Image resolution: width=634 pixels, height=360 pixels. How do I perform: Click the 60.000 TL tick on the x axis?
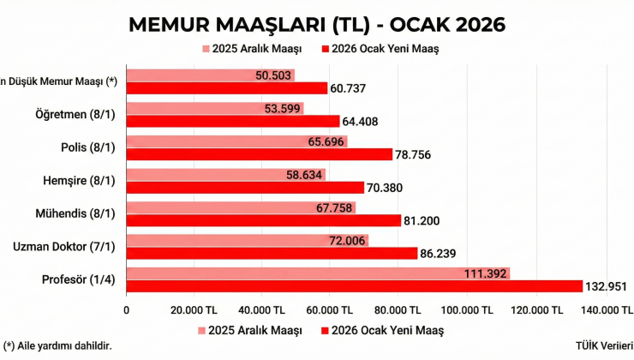tap(330, 310)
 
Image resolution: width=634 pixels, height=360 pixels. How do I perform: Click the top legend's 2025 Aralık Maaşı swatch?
tap(206, 49)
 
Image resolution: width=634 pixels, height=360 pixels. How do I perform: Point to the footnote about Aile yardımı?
tap(58, 345)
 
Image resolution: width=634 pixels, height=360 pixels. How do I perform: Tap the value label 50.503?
tap(275, 75)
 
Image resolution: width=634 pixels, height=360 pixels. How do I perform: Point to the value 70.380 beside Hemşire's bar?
tap(384, 188)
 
